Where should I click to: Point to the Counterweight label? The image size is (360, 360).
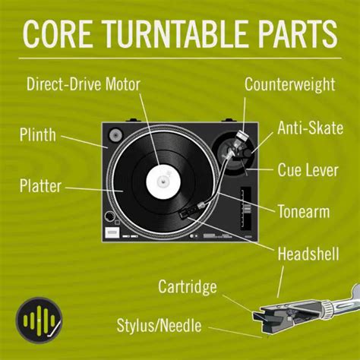[x=289, y=83]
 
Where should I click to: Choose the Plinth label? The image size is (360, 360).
[x=38, y=137]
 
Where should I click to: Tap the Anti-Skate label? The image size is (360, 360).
[x=309, y=128]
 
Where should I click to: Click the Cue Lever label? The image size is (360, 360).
[x=309, y=169]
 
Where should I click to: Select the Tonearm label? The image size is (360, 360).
[x=303, y=210]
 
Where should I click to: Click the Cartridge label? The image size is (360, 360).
[x=188, y=286]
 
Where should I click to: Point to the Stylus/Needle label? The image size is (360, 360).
[x=159, y=327]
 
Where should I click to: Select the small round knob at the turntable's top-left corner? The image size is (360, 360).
[x=115, y=135]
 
